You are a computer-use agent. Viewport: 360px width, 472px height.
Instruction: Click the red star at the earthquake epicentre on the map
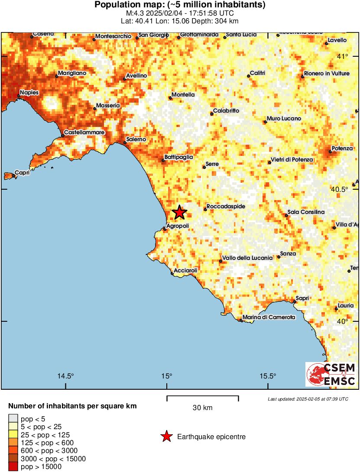179,213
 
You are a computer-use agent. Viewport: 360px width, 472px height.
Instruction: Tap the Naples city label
29,92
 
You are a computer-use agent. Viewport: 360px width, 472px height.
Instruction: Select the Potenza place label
342,149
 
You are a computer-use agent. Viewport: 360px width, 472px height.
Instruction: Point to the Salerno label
136,139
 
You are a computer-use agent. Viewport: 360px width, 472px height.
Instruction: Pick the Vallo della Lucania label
247,258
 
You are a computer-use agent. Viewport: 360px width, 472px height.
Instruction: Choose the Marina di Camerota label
269,317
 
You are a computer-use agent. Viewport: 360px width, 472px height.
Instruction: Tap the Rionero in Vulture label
327,74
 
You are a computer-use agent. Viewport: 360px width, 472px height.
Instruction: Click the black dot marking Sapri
294,302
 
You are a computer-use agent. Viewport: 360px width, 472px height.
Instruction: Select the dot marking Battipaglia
163,161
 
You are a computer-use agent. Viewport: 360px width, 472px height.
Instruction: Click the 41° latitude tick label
343,57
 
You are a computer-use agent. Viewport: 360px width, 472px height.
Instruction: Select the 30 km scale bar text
202,407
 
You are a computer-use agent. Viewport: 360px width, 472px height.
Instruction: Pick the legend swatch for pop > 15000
13,467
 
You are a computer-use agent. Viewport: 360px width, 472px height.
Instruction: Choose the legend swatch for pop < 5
13,419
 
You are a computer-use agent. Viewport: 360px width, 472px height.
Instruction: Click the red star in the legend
166,437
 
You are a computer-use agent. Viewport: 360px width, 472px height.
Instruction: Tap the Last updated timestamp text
308,399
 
